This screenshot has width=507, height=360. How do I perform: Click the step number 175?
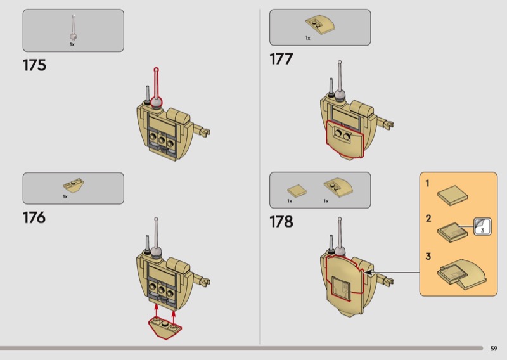[x=34, y=65]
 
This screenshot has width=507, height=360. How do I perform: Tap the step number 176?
[x=34, y=217]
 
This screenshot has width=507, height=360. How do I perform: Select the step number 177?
[x=281, y=60]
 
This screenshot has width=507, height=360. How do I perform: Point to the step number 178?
[x=281, y=222]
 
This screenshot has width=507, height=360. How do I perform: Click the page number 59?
[x=493, y=348]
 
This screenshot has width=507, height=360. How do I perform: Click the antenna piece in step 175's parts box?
[x=74, y=28]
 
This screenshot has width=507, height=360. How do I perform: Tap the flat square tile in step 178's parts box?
[x=296, y=189]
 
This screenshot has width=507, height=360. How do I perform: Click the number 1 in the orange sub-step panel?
[x=428, y=184]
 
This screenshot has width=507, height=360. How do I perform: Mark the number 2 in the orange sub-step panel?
[x=428, y=219]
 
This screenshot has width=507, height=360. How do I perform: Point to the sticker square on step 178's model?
[x=342, y=287]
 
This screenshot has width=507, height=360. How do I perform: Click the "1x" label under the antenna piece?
[x=72, y=45]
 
